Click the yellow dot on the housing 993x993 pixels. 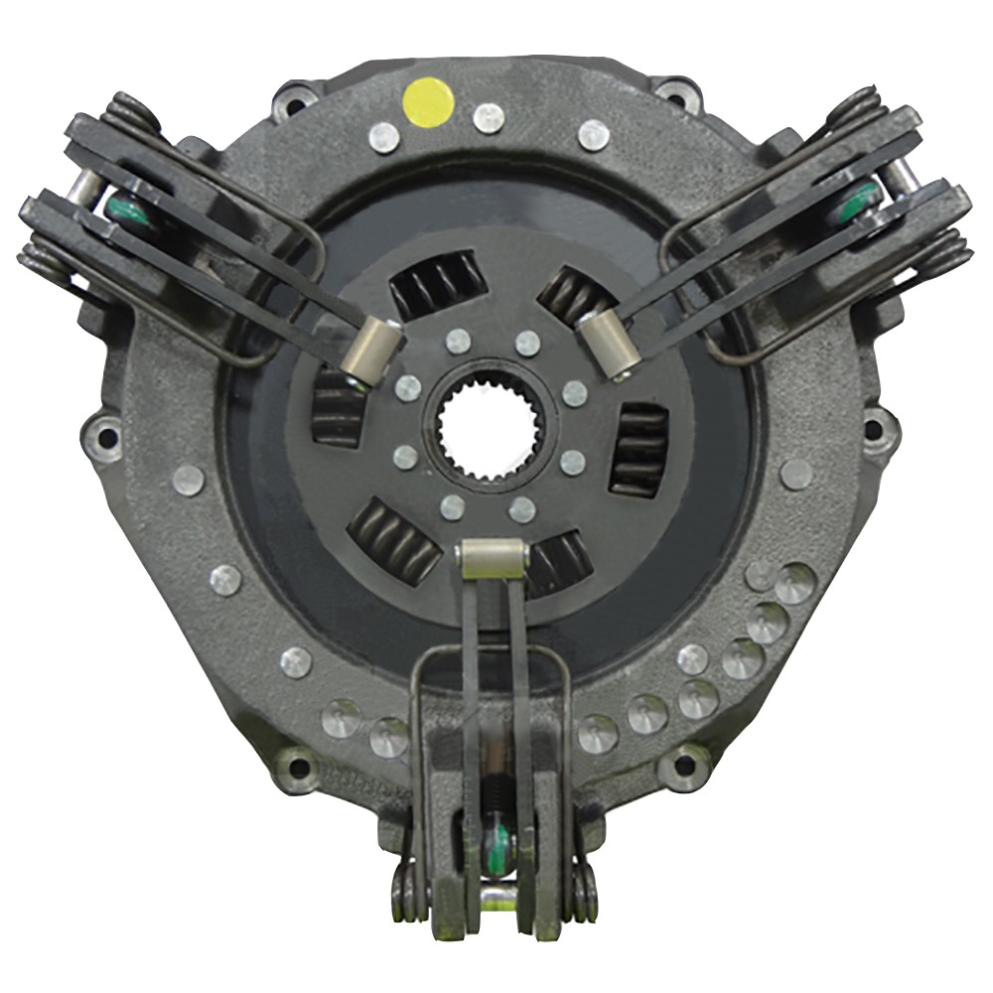429,101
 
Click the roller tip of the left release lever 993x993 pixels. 373,353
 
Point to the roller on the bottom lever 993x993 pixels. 493,559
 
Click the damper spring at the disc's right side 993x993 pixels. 637,449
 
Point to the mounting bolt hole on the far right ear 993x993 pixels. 875,429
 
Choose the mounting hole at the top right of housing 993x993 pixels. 678,95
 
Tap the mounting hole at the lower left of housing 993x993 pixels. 296,765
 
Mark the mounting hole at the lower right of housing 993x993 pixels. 683,765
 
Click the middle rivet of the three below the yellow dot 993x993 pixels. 489,117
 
